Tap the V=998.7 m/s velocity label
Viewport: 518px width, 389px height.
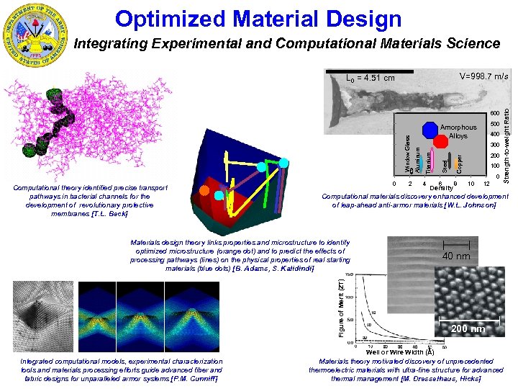pyautogui.click(x=483, y=76)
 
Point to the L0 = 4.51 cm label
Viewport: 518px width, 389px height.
pyautogui.click(x=371, y=78)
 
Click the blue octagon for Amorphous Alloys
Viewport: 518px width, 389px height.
pyautogui.click(x=430, y=129)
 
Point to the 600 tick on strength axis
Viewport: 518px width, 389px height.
pyautogui.click(x=494, y=113)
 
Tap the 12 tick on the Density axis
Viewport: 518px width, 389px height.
pyautogui.click(x=487, y=184)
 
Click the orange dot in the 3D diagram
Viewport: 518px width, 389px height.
pyautogui.click(x=205, y=192)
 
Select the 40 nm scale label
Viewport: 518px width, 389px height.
pyautogui.click(x=456, y=256)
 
